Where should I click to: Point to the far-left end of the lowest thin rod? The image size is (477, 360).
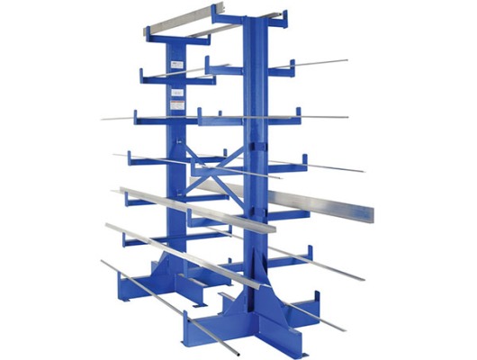(102, 262)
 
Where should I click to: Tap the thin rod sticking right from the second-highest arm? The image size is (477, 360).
(319, 63)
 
